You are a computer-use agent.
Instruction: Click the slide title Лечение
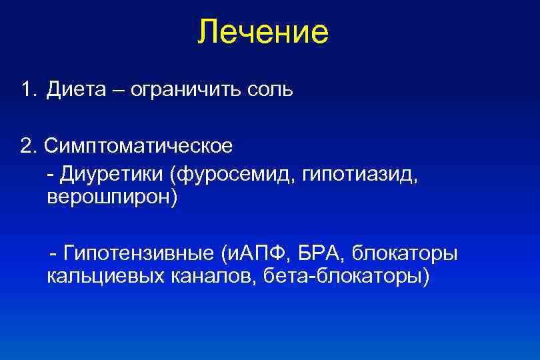(x=263, y=32)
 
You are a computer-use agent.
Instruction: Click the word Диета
(x=75, y=89)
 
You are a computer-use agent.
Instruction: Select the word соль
(x=267, y=89)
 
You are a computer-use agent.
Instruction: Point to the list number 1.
(x=25, y=89)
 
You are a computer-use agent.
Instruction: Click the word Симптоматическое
(x=137, y=145)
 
